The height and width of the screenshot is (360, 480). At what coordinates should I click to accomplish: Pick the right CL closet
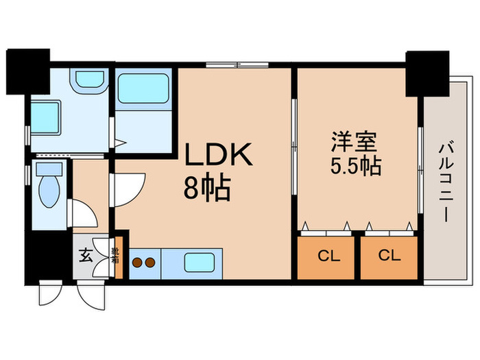coord(389,257)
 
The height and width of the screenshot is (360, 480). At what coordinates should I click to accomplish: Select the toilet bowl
coord(49,187)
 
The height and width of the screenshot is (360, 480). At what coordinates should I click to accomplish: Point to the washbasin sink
coord(88,78)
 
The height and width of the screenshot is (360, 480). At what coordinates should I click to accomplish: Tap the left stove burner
coord(136,261)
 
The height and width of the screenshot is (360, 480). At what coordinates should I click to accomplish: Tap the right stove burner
coord(148,261)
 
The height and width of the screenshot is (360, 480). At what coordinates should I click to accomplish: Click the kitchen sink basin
coord(202,262)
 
